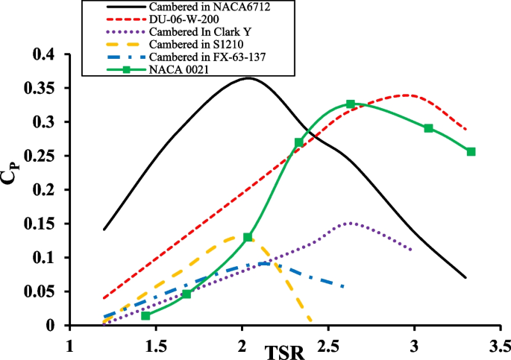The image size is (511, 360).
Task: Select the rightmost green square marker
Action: tap(471, 151)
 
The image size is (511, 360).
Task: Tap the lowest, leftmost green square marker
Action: tap(145, 316)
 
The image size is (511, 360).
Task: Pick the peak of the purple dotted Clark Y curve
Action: tap(349, 223)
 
